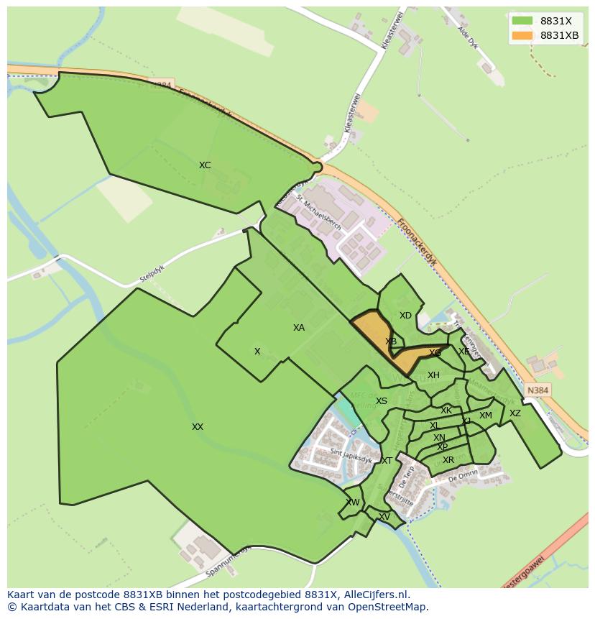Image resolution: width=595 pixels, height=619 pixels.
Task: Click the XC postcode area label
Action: tap(205, 165)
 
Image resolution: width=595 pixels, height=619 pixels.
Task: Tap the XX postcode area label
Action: tap(198, 427)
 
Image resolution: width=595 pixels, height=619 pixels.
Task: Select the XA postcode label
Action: tap(299, 328)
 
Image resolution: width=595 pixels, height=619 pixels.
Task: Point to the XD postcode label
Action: tap(405, 316)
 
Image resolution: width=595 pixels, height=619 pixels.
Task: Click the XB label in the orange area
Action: tap(391, 341)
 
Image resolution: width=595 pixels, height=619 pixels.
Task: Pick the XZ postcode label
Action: tap(515, 413)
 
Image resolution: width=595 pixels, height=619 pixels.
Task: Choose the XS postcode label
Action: tap(382, 401)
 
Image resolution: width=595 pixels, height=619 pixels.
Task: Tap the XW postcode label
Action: tap(353, 503)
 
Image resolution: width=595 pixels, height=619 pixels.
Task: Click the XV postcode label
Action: tap(384, 517)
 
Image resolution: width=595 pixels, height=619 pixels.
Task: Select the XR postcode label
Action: tap(448, 460)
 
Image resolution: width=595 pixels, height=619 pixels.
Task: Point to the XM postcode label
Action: tap(486, 416)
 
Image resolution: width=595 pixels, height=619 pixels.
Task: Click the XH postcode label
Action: tap(433, 375)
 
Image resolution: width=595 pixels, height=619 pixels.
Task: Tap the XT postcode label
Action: tap(387, 461)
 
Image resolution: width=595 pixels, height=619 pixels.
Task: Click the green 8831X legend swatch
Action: tap(522, 21)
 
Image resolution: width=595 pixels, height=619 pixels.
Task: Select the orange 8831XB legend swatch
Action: tap(522, 35)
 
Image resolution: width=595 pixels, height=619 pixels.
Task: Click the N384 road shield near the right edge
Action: tap(538, 390)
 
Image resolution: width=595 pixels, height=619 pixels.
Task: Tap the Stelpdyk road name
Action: tap(153, 275)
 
